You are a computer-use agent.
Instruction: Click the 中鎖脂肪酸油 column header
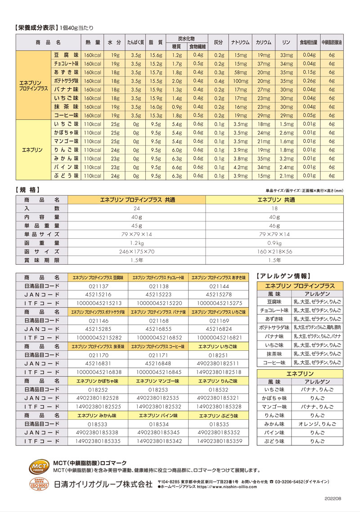(x=332, y=42)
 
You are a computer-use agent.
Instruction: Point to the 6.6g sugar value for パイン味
(x=176, y=167)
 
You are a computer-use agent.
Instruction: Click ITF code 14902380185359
(x=218, y=441)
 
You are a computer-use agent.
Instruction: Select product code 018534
(x=159, y=424)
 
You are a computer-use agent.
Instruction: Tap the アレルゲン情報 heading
(x=283, y=276)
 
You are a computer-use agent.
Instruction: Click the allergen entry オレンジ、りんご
(x=317, y=424)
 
